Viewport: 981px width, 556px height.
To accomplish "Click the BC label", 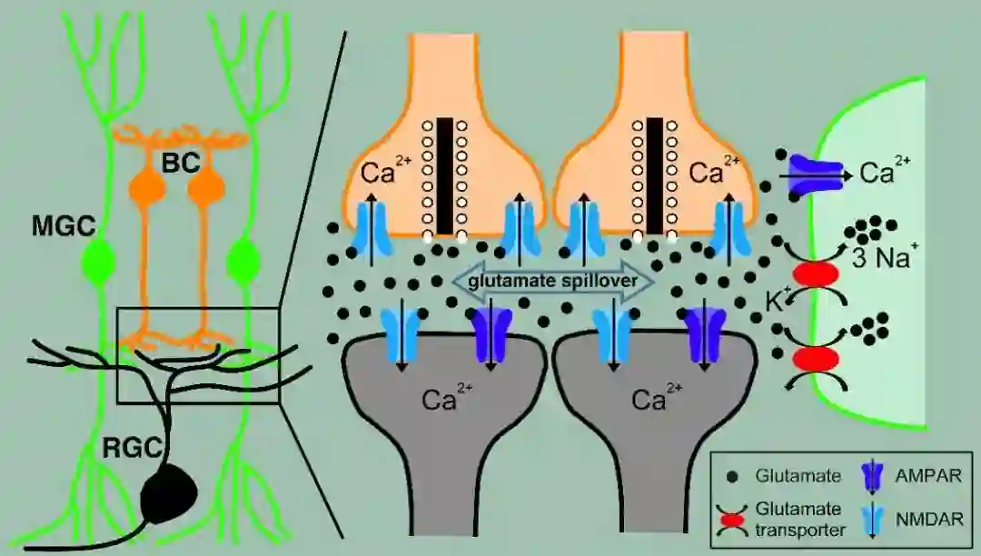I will click(x=180, y=164).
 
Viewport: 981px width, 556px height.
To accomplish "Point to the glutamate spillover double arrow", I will click(x=553, y=280).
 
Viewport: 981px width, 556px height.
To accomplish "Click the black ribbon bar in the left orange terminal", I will click(x=444, y=174).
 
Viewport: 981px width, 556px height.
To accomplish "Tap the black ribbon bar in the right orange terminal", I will click(x=654, y=174).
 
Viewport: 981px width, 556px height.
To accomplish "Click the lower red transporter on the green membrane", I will click(x=814, y=357).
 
